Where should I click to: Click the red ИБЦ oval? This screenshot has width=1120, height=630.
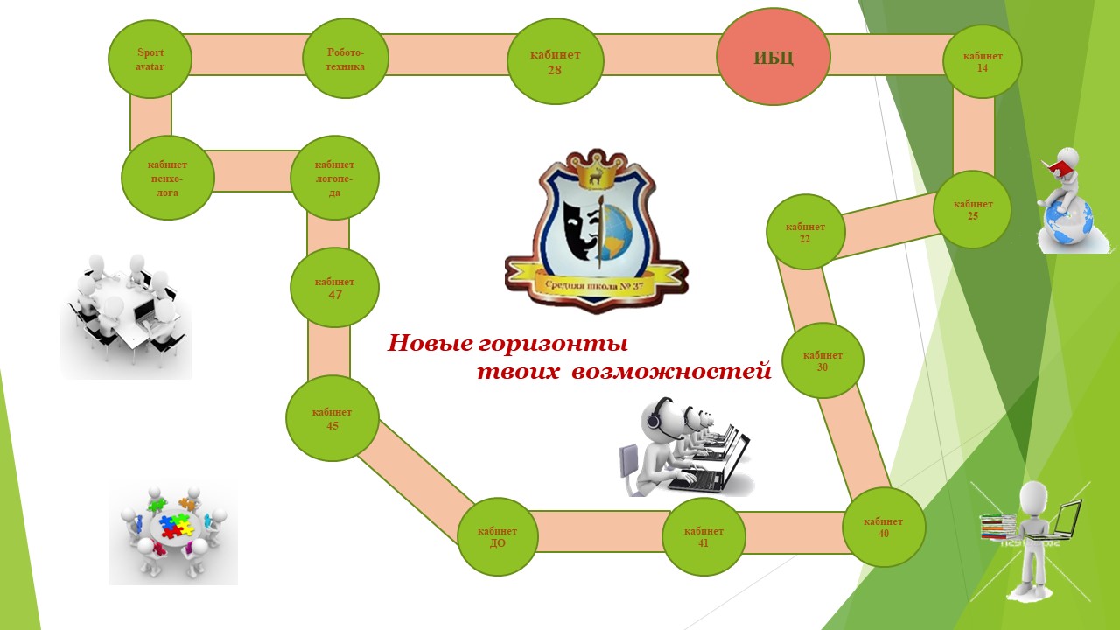pos(773,58)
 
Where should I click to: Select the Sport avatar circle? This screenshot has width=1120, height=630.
pos(150,59)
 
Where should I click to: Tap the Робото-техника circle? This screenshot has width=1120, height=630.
pos(345,59)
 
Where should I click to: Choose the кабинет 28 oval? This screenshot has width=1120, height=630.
pos(555,61)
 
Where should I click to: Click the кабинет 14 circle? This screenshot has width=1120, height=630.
pos(983,61)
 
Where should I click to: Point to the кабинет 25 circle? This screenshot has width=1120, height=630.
pos(972,209)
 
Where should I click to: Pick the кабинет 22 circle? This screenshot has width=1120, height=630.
pos(805,232)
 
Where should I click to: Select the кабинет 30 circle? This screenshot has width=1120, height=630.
pos(822,360)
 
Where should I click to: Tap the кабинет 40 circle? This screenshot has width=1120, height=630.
pos(884,527)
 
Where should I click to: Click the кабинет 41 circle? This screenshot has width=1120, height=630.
pos(703,536)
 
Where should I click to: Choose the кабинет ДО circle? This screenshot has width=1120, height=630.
pos(497,536)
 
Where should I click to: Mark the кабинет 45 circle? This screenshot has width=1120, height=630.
pos(332,418)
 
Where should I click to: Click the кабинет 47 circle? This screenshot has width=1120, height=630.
pos(334,288)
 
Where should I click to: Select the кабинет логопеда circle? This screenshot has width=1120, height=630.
pos(334,178)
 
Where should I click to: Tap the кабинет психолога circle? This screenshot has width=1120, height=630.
pos(168,178)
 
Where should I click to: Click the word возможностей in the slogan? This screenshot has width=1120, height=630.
pos(671,372)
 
